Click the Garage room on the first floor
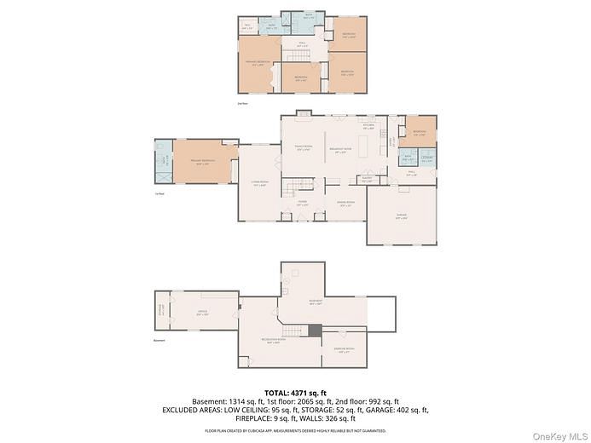[x=401, y=216]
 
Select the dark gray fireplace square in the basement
[x=316, y=331]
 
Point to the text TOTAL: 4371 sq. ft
[x=295, y=390]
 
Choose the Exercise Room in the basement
[x=344, y=349]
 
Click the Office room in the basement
[x=201, y=311]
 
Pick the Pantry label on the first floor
[x=367, y=180]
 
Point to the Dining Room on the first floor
[x=345, y=204]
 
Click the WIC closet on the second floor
[x=247, y=27]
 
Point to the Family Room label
[x=302, y=148]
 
